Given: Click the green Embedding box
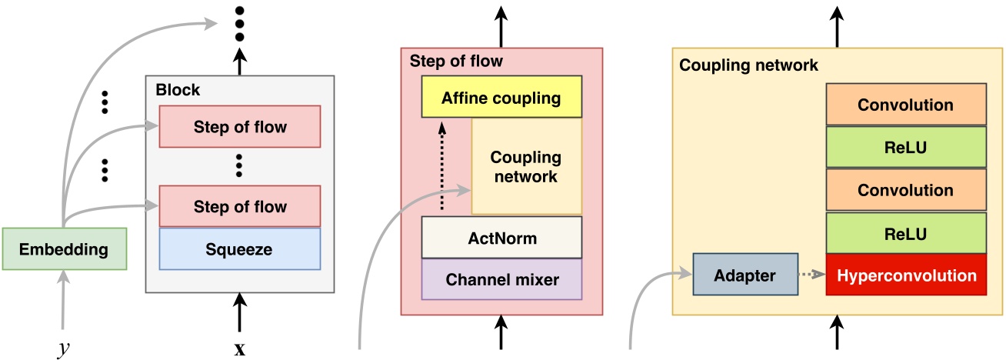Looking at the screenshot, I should point(65,249).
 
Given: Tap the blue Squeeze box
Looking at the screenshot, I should point(239,249).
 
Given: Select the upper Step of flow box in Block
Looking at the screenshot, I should point(239,127).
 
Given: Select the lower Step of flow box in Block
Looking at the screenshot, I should point(239,206).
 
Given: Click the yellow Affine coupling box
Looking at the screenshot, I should point(501,98).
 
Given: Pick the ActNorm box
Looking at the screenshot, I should point(501,238).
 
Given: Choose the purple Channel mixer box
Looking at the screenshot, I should point(501,279).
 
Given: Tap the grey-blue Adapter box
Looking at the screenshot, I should point(745,275).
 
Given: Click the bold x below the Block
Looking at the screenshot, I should point(239,349).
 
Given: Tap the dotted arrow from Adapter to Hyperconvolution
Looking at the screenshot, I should point(811,275).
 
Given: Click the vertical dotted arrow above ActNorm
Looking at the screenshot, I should point(443,166).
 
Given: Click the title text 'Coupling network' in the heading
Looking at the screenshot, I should point(748,65).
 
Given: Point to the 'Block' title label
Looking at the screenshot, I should point(178,90).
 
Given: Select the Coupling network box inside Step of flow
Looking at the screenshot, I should point(526,167).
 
